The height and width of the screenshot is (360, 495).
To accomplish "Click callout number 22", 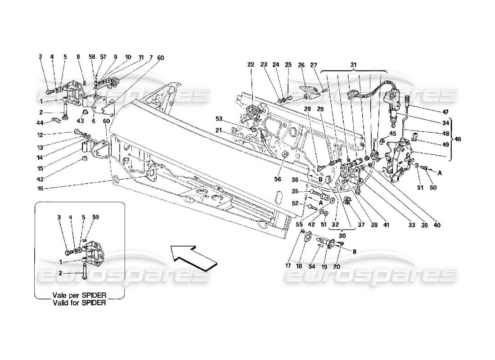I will coord(250,64).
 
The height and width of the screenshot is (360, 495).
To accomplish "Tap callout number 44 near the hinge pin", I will coord(40,123).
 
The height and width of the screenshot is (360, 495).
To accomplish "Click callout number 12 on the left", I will coord(40,134).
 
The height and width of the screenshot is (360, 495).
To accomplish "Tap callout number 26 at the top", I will coord(301,64).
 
